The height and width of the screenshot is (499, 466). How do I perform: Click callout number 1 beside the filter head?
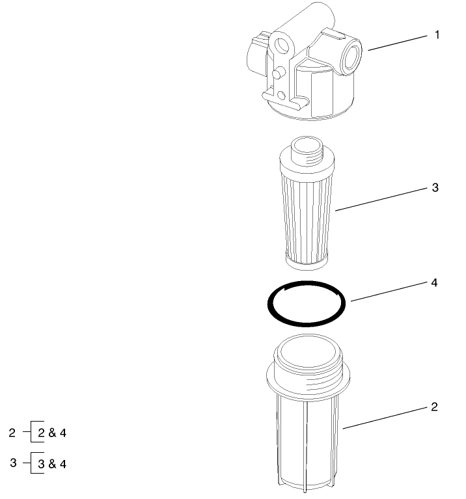437,34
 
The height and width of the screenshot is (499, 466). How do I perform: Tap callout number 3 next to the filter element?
435,188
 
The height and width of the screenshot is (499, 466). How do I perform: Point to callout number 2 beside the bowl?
435,407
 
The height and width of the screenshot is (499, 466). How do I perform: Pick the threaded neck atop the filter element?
305,151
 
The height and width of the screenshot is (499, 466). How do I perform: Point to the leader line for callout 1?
398,43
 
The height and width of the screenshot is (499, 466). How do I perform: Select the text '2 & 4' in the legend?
53,432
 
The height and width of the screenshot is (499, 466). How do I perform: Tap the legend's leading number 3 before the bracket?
14,463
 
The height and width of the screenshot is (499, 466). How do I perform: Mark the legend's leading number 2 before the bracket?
13,432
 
